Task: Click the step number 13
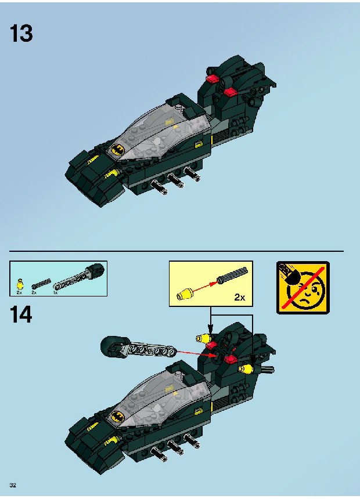[x=21, y=34]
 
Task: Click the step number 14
[x=21, y=314]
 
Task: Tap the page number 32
[x=13, y=485]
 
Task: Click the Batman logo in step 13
[x=117, y=149]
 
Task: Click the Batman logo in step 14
[x=117, y=415]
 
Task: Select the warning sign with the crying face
[x=303, y=288]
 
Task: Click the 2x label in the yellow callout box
[x=240, y=297]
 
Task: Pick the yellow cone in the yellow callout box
[x=185, y=294]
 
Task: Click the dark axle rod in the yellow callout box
[x=232, y=274]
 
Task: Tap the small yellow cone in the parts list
[x=20, y=284]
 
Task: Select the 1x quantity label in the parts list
[x=55, y=292]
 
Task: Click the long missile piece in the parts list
[x=79, y=278]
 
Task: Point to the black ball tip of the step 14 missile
[x=110, y=345]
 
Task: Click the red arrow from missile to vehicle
[x=197, y=353]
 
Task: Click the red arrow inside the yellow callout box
[x=204, y=286]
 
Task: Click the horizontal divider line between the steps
[x=177, y=251]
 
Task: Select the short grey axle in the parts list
[x=41, y=284]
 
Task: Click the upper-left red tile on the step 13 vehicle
[x=212, y=78]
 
